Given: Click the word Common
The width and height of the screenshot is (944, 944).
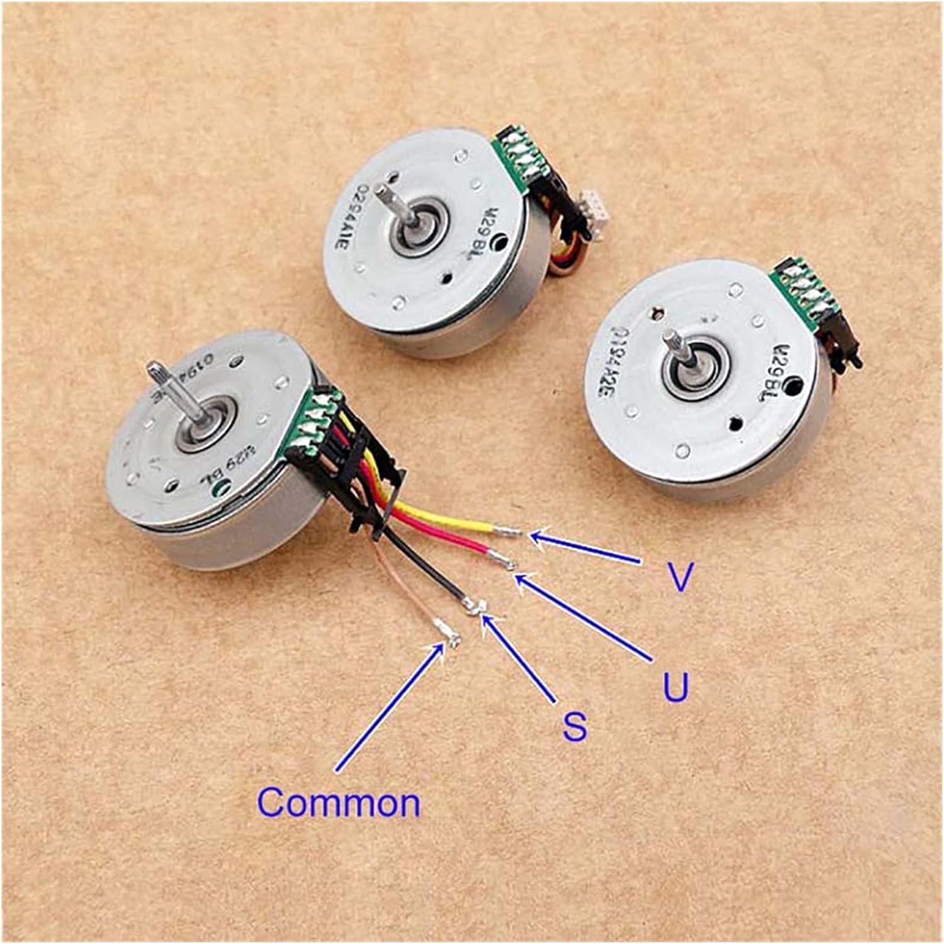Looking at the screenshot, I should (x=339, y=802).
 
